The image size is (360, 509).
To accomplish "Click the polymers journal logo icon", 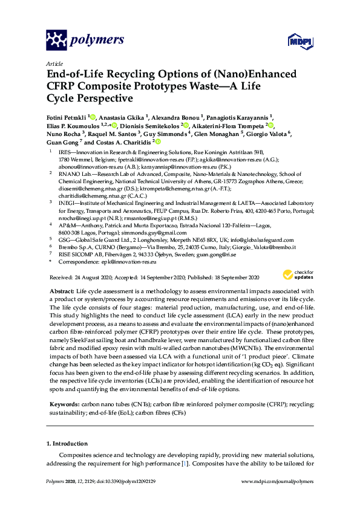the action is [x=56, y=40].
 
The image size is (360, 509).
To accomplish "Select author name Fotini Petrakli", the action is [x=66, y=117].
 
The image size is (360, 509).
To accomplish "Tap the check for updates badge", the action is [x=296, y=274].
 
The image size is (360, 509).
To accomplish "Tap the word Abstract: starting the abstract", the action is [x=61, y=291].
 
